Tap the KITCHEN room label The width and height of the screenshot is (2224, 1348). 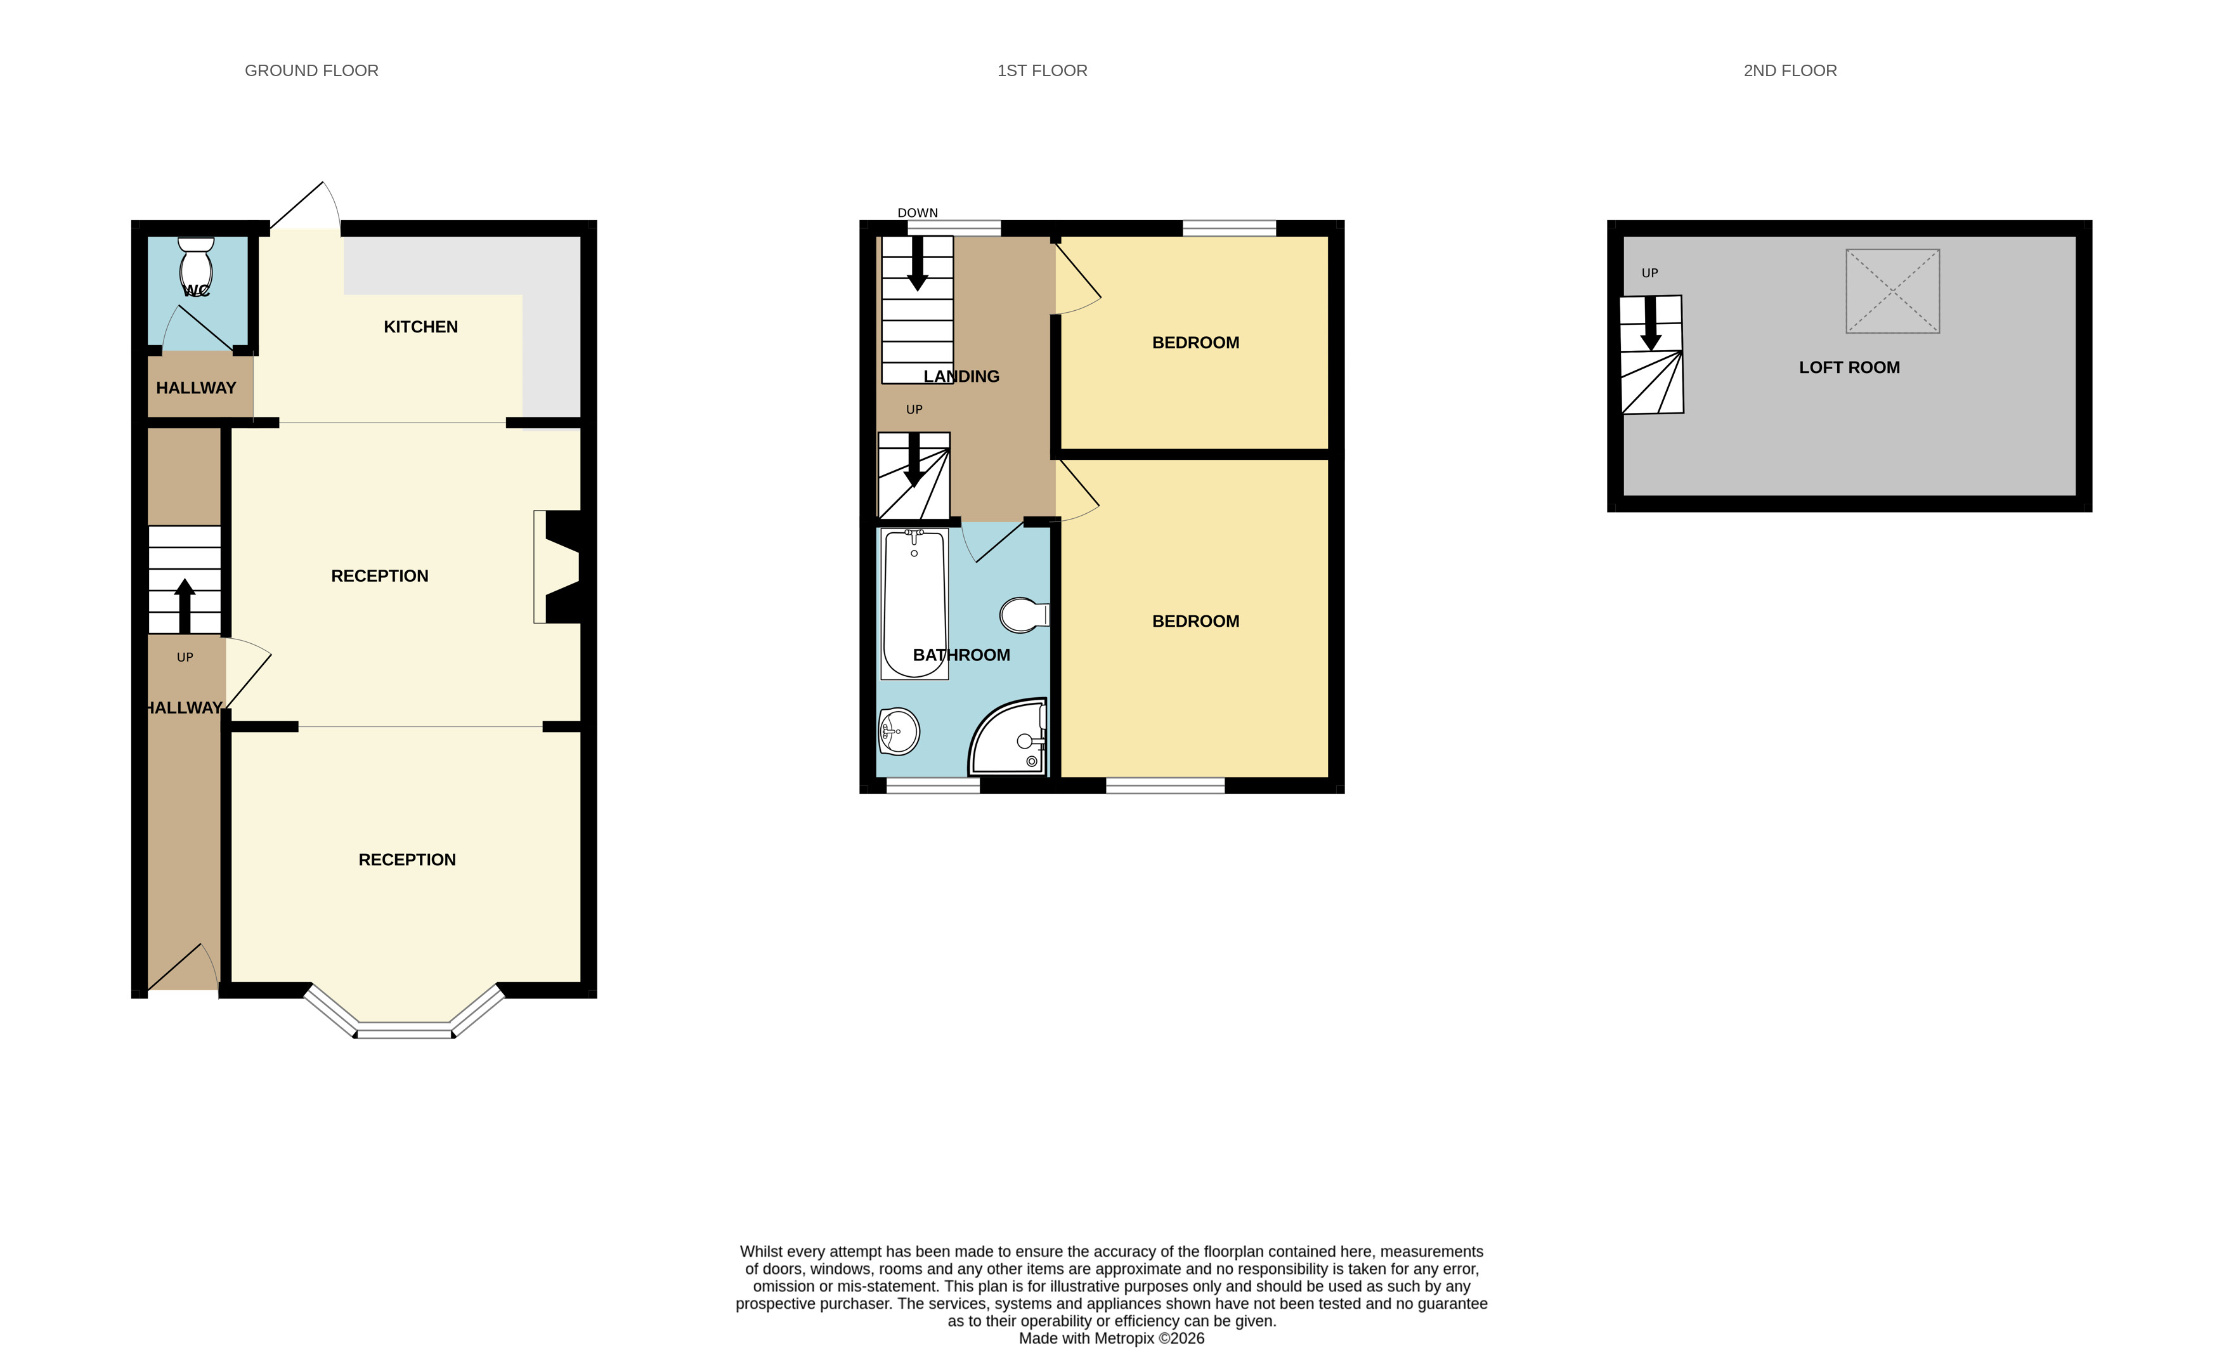coord(420,327)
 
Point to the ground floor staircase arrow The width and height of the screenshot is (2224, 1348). coord(185,606)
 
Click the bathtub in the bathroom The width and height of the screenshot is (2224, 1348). coord(914,604)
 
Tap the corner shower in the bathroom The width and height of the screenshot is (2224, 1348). coord(1009,736)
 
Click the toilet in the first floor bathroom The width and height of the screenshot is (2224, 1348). coord(1024,615)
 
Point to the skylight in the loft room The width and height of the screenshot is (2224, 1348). coord(1893,291)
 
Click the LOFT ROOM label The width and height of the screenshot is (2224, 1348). coord(1849,367)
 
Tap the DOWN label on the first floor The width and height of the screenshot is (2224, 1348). coord(918,213)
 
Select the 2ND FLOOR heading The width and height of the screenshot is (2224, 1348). coord(1790,70)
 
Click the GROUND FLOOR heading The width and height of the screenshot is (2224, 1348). coord(311,70)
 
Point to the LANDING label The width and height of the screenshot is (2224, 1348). coord(961,377)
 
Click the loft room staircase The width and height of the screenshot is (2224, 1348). coord(1652,355)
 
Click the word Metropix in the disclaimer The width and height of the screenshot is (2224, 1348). coord(1124,1338)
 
